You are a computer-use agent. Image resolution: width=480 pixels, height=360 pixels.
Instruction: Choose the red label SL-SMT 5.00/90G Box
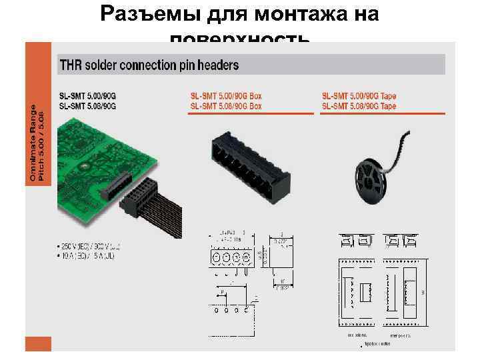[x=226, y=96]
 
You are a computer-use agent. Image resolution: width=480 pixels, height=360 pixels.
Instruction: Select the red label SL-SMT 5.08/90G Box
[x=226, y=106]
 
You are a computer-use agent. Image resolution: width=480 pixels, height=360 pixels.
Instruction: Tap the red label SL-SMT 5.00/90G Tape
[x=359, y=96]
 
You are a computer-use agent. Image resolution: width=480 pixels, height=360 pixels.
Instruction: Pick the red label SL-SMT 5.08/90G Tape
[x=359, y=106]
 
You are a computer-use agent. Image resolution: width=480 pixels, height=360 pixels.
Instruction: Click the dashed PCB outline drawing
[x=230, y=313]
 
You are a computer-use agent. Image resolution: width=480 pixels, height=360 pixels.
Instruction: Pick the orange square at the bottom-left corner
[x=37, y=346]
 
